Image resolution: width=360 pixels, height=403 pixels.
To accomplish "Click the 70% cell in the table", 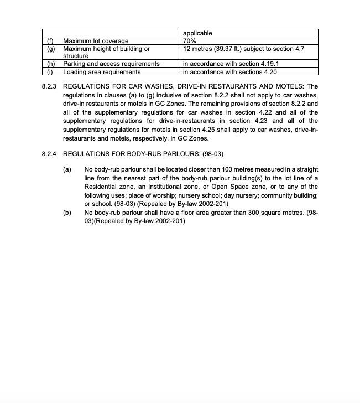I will coord(189,41).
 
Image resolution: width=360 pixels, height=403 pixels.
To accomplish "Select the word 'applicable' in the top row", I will coord(197,33).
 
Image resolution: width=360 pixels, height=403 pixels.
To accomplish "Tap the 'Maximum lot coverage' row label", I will coord(96,41).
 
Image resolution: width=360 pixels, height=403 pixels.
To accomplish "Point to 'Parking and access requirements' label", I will coord(111,64).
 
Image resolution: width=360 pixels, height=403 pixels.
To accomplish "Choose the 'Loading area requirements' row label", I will coord(102,71).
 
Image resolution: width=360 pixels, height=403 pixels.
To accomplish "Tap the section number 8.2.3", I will coord(49,87).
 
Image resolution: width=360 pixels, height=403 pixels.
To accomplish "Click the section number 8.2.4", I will coord(49,153).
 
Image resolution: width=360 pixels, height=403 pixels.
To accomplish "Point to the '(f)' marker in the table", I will coord(50,41).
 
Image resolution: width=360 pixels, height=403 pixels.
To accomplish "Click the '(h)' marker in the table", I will coord(50,64).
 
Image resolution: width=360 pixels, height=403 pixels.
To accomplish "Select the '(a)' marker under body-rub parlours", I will coord(67,169).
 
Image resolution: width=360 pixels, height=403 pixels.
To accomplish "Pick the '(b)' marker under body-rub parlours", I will coord(67,212).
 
